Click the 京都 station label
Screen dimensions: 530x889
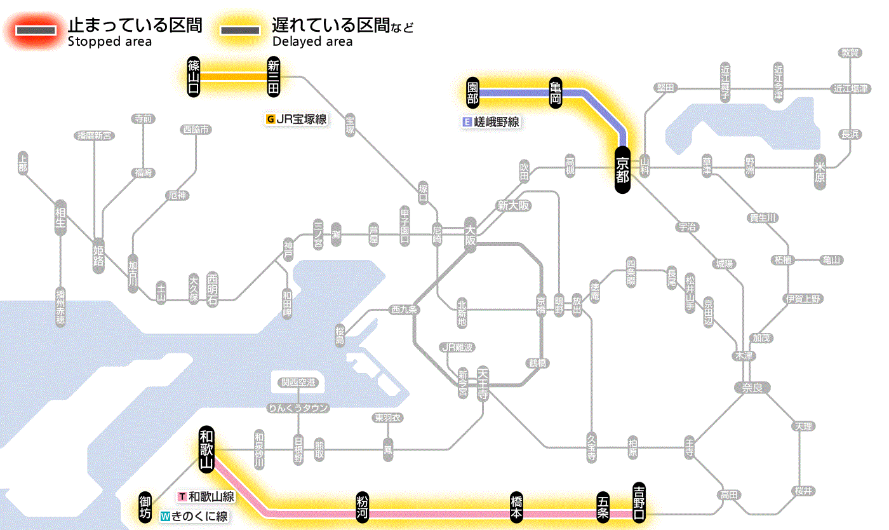coord(622,170)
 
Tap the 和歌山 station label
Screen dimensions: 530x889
coord(206,449)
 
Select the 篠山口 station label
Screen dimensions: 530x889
coord(194,77)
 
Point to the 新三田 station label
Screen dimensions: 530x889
coord(274,77)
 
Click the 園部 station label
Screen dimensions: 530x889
coord(472,93)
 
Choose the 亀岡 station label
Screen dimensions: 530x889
coord(555,93)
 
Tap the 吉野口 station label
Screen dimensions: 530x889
coord(639,501)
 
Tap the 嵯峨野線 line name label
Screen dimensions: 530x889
coord(491,122)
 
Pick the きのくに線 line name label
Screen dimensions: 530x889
coord(194,517)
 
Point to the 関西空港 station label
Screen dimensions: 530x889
coord(298,383)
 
